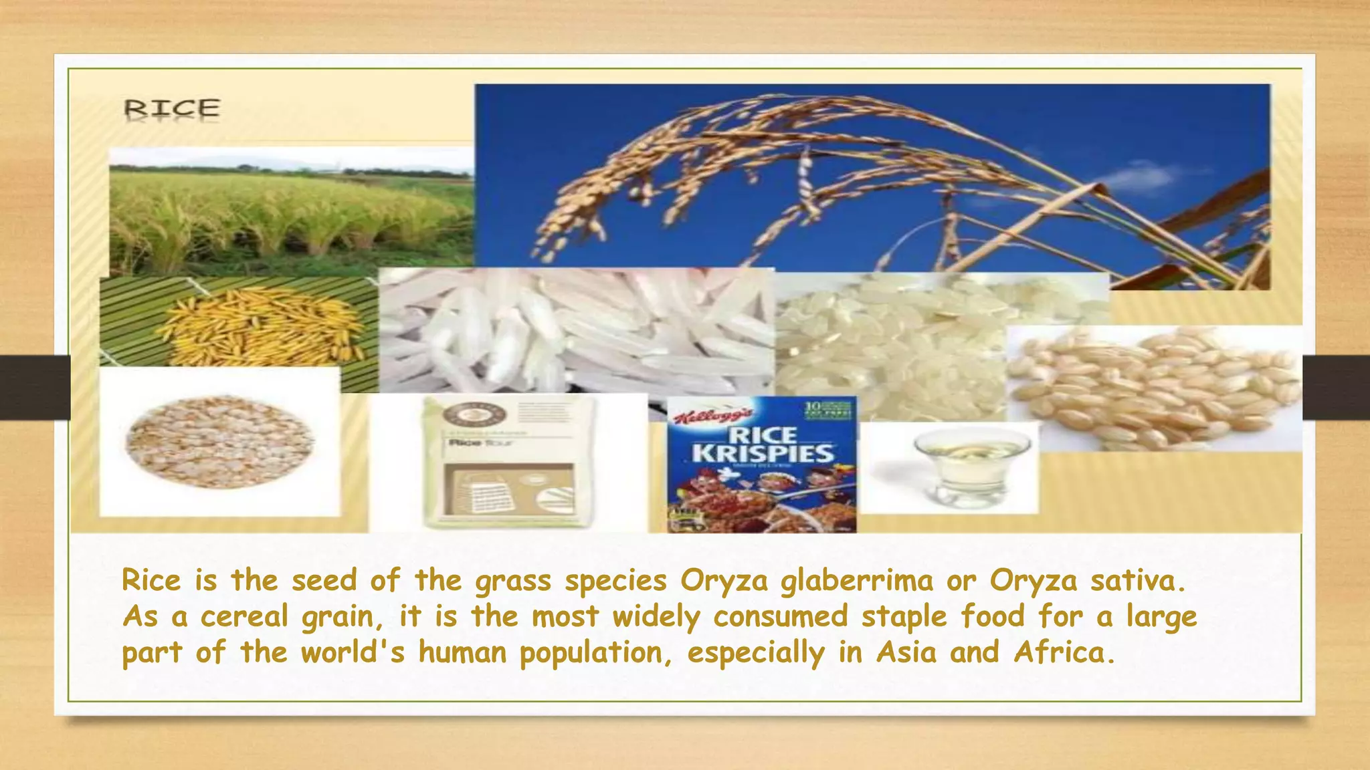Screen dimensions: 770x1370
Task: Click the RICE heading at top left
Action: [172, 108]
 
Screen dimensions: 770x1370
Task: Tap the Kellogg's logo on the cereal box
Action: [712, 416]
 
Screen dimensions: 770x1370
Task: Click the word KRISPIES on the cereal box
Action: [763, 454]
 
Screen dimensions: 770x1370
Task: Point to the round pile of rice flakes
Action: [219, 442]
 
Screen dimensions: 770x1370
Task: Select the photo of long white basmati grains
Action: [575, 331]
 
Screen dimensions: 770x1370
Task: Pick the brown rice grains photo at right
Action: [1154, 388]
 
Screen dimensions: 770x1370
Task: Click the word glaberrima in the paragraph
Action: [856, 580]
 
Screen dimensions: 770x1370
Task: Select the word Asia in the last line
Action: [906, 652]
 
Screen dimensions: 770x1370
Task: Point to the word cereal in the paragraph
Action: [244, 616]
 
